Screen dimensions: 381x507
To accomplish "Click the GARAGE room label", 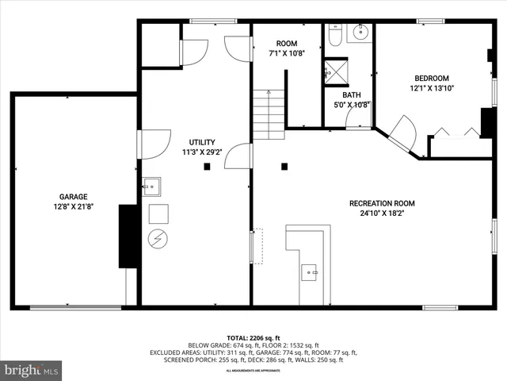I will [x=73, y=197].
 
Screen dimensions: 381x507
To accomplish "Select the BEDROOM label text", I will [x=432, y=78].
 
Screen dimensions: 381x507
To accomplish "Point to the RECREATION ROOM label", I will [x=382, y=203].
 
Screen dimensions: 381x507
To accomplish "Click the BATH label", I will [x=351, y=94].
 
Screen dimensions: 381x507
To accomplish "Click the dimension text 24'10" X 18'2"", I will [x=382, y=214].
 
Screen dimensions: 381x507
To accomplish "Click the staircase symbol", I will [x=269, y=114].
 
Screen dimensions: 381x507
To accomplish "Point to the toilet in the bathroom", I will [x=335, y=37].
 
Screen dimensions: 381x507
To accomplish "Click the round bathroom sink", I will [x=360, y=33].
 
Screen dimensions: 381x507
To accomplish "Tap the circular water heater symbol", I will [x=157, y=238].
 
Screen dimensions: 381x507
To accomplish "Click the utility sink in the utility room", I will [x=151, y=187].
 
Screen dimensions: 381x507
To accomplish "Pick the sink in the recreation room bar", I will [x=310, y=272].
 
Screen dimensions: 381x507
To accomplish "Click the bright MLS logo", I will [x=32, y=370].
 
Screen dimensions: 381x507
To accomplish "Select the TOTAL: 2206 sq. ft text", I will [x=253, y=337].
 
